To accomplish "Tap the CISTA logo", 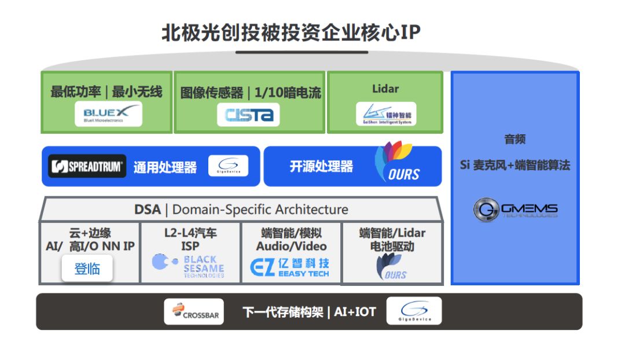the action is pos(248,115).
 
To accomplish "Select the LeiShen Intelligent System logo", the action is pos(385,114).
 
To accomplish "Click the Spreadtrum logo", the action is pos(87,167).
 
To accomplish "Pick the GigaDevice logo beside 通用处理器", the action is pos(228,167).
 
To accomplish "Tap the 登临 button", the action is pos(87,269).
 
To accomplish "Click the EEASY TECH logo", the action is pos(290,267).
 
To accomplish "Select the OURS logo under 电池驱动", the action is pos(392,267).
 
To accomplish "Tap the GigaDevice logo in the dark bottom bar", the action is pos(413,311).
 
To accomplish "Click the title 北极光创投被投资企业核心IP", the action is pos(291,32).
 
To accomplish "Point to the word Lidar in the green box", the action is pos(385,89).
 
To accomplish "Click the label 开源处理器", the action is pos(321,167).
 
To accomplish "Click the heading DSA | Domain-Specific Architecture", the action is pos(241,209).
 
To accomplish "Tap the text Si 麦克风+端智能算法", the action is pos(514,165).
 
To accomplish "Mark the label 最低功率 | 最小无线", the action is pos(106,91).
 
